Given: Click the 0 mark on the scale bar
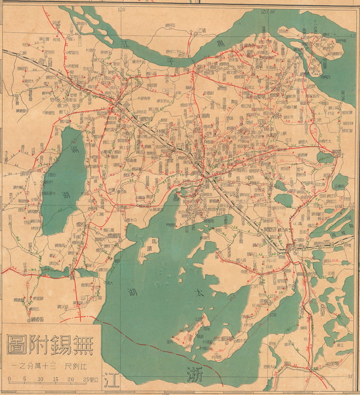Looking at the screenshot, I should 10,379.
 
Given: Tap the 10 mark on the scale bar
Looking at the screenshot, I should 40,379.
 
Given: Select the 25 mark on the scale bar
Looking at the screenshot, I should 84,379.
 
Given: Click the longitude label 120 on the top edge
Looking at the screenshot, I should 119,10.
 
